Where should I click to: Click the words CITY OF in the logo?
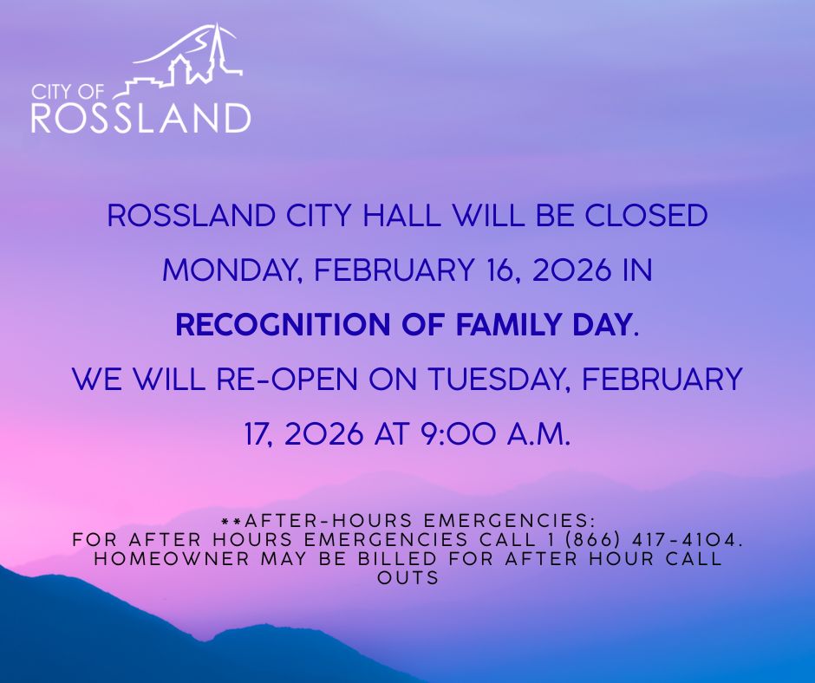pos(68,92)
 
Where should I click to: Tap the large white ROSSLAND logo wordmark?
pos(140,118)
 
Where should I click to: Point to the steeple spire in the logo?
pos(216,47)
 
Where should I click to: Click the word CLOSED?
pos(646,215)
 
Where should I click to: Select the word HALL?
pos(401,215)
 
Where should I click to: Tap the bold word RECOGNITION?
pos(283,324)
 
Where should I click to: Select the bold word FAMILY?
pos(509,324)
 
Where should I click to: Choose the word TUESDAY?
pos(498,379)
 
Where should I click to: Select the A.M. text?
pos(539,433)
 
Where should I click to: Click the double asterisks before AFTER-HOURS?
pos(231,521)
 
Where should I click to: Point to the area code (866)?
pos(592,539)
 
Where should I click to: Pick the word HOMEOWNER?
pos(172,559)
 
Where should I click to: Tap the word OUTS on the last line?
pos(408,578)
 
